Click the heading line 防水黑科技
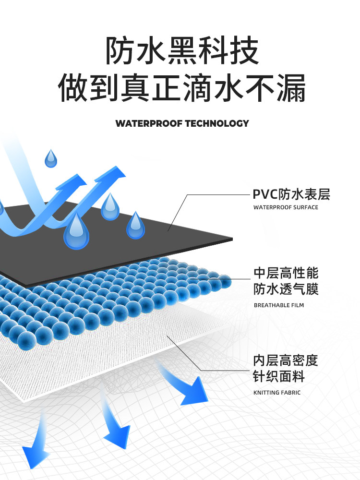182,51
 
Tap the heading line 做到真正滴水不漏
182,88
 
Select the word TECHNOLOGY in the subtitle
217,123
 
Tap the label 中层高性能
286,273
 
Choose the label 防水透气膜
286,289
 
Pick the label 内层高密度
286,360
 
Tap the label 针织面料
279,376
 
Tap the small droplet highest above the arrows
50,158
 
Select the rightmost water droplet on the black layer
135,226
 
